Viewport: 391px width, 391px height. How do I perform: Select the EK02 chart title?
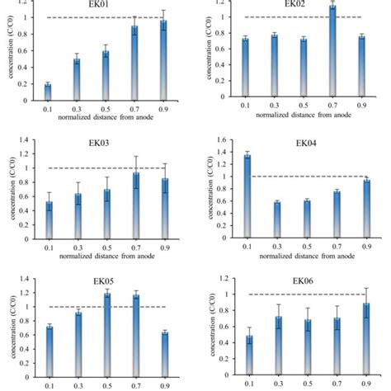(x=294, y=5)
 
